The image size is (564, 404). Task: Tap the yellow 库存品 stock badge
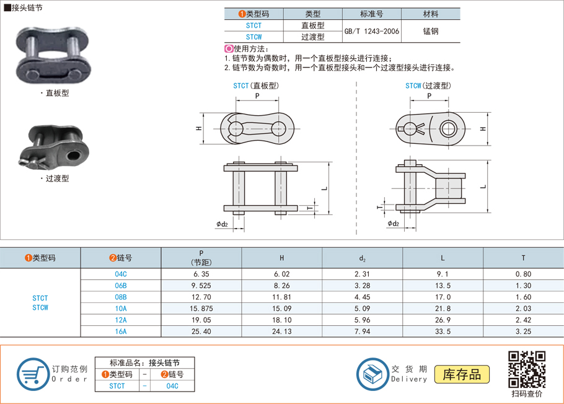tap(462, 374)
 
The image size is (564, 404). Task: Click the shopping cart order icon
tap(32, 374)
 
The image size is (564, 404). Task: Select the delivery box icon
tap(372, 374)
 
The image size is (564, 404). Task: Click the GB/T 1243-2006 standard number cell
tap(371, 31)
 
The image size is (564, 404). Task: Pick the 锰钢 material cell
tap(431, 31)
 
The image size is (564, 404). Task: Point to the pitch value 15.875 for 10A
tap(201, 309)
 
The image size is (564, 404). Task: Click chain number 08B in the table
tap(121, 297)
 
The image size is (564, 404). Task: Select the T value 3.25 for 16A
tap(523, 332)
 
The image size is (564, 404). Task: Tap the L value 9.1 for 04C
tap(443, 274)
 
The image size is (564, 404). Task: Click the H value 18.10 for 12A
tap(282, 320)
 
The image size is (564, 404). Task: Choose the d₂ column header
tap(362, 258)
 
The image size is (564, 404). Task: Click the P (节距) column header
tap(201, 257)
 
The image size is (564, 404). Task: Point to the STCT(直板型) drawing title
tap(256, 86)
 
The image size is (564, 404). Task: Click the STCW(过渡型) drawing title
tap(428, 86)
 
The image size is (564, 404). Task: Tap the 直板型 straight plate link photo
tap(51, 56)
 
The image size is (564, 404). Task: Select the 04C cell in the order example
tap(172, 386)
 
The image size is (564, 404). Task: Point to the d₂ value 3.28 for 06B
tap(362, 286)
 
